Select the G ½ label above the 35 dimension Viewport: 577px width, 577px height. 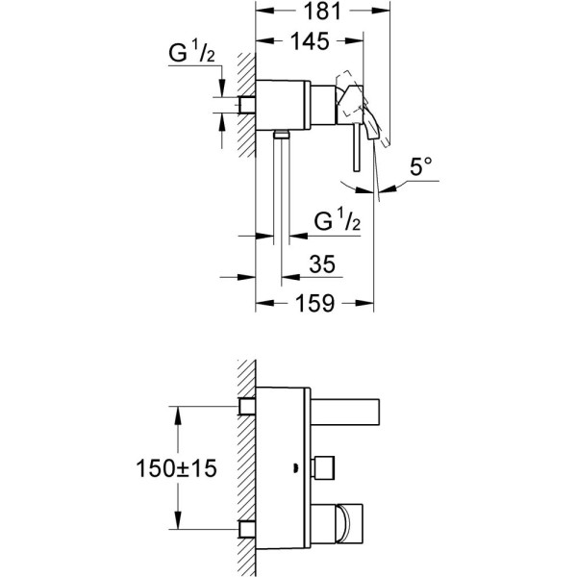337,220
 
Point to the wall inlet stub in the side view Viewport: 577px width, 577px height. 246,103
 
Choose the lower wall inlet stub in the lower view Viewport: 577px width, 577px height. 246,528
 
